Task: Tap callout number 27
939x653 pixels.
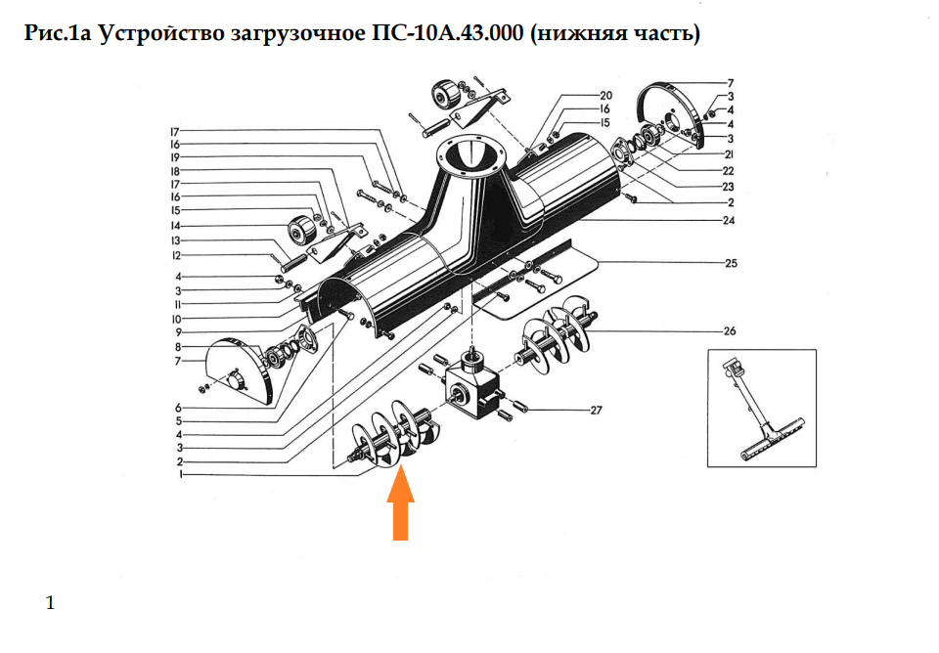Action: click(596, 411)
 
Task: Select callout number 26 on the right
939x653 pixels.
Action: click(729, 331)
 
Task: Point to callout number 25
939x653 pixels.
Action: click(730, 264)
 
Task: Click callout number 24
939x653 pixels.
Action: click(729, 220)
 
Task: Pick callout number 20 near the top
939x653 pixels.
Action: click(605, 96)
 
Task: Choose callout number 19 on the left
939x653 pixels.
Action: click(175, 157)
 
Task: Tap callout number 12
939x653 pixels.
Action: click(176, 256)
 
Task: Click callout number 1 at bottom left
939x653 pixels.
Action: click(180, 475)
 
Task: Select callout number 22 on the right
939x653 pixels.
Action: click(729, 171)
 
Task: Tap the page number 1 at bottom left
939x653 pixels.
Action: click(50, 603)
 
